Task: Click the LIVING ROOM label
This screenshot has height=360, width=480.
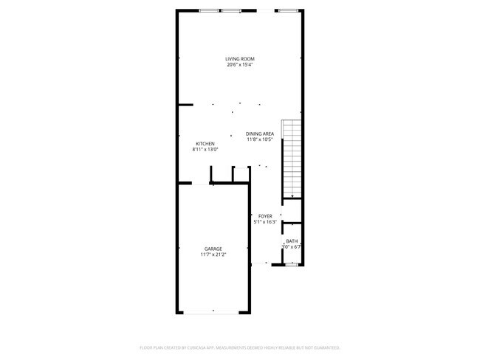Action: pyautogui.click(x=240, y=59)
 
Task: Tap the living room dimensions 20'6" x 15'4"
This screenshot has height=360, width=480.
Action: pyautogui.click(x=240, y=65)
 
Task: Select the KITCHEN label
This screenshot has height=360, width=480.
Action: pyautogui.click(x=205, y=143)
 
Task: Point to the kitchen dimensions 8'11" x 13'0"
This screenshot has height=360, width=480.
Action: pyautogui.click(x=205, y=150)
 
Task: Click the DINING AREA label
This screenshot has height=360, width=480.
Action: pyautogui.click(x=260, y=134)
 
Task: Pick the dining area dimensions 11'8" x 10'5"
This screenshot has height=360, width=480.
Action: pyautogui.click(x=260, y=139)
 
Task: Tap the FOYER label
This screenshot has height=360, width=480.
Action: pyautogui.click(x=265, y=216)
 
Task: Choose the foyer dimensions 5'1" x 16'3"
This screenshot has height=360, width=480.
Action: pyautogui.click(x=265, y=222)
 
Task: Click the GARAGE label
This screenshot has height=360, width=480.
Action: pyautogui.click(x=213, y=249)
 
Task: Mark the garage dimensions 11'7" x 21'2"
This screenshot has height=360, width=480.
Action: pyautogui.click(x=213, y=255)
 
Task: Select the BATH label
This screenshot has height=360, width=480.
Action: pyautogui.click(x=292, y=241)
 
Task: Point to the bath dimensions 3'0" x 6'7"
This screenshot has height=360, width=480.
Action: pyautogui.click(x=292, y=247)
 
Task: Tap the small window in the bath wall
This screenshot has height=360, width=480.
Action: pyautogui.click(x=292, y=264)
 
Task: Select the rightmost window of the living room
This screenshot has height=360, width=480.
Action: pyautogui.click(x=288, y=10)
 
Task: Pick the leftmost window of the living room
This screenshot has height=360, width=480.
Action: pyautogui.click(x=209, y=10)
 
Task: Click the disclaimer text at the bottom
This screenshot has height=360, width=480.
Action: pyautogui.click(x=240, y=347)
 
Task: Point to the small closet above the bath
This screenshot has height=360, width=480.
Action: pyautogui.click(x=292, y=210)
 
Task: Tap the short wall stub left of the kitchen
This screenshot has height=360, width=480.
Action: pyautogui.click(x=185, y=104)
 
